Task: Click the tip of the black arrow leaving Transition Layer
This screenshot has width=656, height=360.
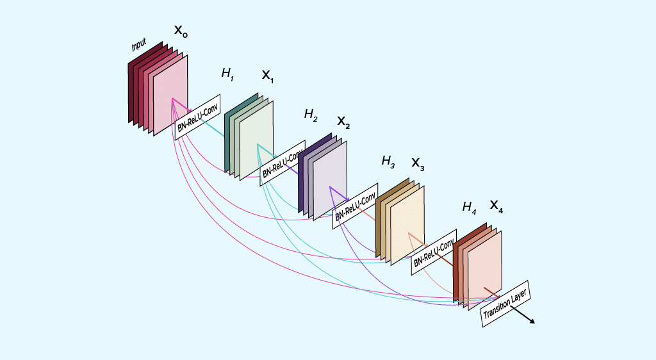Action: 535,323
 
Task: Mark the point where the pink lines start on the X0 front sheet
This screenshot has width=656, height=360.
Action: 172,99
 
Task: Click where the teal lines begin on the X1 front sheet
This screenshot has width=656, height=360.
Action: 258,144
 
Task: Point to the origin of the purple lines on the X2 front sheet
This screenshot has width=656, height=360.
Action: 330,187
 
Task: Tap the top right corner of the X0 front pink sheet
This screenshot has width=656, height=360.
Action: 188,56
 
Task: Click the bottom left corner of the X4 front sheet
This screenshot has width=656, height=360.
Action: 468,310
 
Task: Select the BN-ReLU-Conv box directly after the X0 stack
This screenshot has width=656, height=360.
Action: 197,117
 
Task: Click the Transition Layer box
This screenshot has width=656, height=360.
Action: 505,304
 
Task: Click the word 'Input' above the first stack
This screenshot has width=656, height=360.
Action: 139,45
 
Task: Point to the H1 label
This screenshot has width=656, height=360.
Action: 227,74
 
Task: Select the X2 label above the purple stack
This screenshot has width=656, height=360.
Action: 343,122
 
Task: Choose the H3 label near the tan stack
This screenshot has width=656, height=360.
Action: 388,161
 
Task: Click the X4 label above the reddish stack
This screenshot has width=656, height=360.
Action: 496,206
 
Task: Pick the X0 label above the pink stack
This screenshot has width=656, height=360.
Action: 181,31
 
